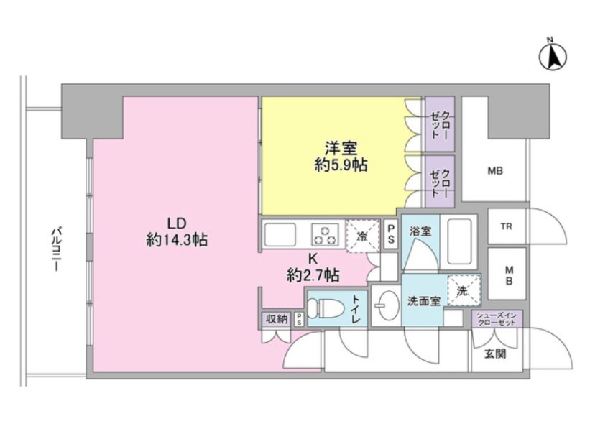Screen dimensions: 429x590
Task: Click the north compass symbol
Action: pyautogui.click(x=554, y=55)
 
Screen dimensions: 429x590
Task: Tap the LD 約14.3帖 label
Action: pyautogui.click(x=177, y=231)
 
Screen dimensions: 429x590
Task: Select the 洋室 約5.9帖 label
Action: pyautogui.click(x=341, y=157)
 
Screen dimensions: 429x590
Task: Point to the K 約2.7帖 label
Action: pyautogui.click(x=313, y=266)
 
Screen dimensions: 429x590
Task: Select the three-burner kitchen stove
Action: pyautogui.click(x=325, y=234)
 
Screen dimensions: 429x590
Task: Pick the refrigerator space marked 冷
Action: pyautogui.click(x=362, y=235)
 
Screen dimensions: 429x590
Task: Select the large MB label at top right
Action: pyautogui.click(x=494, y=171)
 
